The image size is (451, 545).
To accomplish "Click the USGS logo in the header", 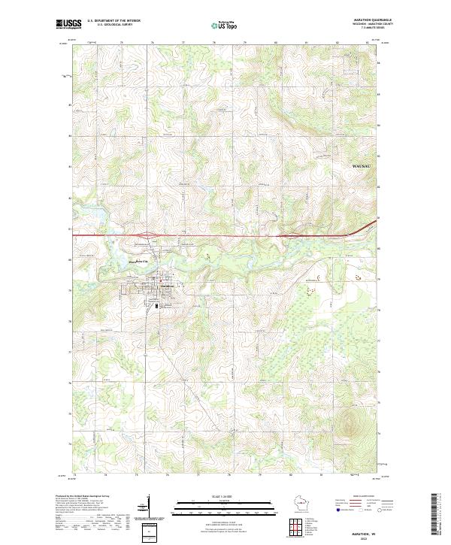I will coord(68,25).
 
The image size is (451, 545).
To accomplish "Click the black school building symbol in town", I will coord(156,305).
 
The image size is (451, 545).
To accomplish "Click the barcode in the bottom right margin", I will coord(440,511).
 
